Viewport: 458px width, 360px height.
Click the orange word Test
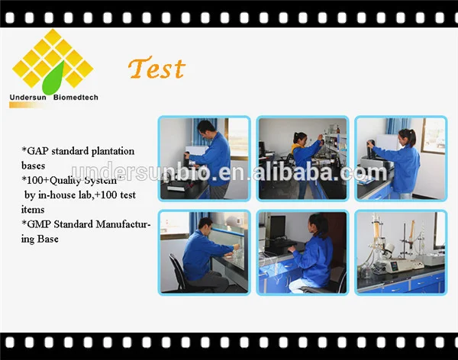[156, 68]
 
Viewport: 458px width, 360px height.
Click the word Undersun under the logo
[27, 98]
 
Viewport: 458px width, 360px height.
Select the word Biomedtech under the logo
[76, 98]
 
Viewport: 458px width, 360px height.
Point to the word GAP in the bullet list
[37, 151]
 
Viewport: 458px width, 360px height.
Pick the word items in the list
[33, 210]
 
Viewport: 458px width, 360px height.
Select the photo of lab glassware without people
[401, 252]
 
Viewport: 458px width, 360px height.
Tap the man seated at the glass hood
[205, 253]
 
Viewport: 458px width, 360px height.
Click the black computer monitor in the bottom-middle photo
[277, 229]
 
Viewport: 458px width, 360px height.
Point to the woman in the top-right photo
[395, 162]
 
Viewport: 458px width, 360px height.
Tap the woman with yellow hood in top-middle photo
[305, 163]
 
